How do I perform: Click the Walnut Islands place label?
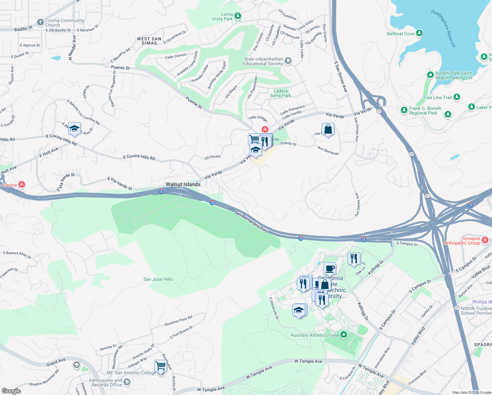(183, 184)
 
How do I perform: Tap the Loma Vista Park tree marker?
(238, 16)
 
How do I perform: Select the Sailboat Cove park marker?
(419, 33)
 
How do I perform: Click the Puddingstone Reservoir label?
(444, 28)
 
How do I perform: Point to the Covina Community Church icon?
(40, 22)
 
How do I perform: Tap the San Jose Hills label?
(158, 279)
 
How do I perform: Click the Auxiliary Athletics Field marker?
(344, 335)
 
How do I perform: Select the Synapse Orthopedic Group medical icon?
(485, 240)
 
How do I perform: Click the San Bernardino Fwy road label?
(251, 222)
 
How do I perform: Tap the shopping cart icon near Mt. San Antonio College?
(160, 366)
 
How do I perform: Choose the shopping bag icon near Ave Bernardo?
(328, 129)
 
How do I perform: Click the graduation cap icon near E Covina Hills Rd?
(74, 129)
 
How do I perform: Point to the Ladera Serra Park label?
(281, 93)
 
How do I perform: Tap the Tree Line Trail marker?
(456, 97)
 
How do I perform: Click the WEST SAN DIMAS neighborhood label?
(149, 41)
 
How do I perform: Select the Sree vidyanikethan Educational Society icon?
(288, 61)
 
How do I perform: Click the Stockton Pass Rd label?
(178, 321)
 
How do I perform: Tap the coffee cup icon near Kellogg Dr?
(330, 269)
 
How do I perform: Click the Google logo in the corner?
(11, 391)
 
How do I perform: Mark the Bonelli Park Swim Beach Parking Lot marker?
(430, 75)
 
